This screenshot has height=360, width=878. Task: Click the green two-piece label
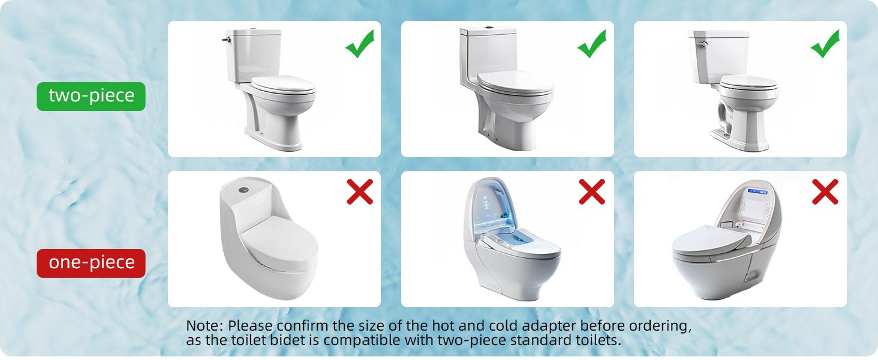pyautogui.click(x=91, y=96)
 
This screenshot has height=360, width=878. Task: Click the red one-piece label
pyautogui.click(x=91, y=263)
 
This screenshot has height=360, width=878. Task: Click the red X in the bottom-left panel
pyautogui.click(x=359, y=192)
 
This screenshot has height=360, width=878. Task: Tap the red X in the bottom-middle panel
pyautogui.click(x=592, y=192)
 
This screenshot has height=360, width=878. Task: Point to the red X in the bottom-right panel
pyautogui.click(x=825, y=192)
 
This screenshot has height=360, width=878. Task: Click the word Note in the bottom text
pyautogui.click(x=205, y=326)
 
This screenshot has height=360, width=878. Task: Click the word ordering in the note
pyautogui.click(x=660, y=327)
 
